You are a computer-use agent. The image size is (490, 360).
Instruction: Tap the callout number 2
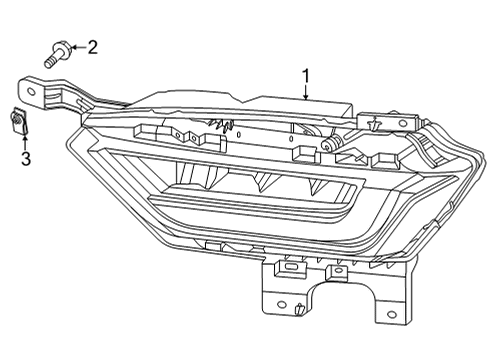click(x=93, y=46)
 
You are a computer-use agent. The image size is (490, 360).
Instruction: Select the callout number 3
click(x=27, y=157)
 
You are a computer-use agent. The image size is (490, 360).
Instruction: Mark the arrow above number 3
click(x=27, y=139)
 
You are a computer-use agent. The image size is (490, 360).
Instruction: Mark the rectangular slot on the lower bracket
click(x=291, y=267)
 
